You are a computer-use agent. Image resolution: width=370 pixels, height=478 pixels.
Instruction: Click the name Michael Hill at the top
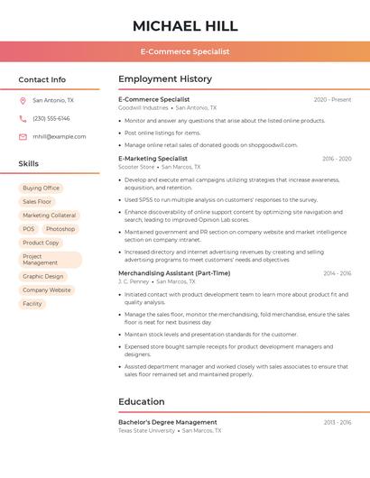[x=185, y=25]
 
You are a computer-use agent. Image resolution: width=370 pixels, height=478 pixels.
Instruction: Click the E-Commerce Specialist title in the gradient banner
[x=185, y=51]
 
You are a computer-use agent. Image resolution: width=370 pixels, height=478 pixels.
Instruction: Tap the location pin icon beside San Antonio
[x=23, y=101]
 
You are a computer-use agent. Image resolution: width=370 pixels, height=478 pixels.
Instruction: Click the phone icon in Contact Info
[x=23, y=119]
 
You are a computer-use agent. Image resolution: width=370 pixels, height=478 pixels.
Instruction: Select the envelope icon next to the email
[x=23, y=137]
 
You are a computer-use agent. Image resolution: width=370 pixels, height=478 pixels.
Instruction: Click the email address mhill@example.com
[x=60, y=137]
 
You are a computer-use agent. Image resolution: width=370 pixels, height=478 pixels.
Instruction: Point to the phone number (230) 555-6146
[x=51, y=119]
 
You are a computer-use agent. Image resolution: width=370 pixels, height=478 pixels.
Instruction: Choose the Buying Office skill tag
[x=41, y=188]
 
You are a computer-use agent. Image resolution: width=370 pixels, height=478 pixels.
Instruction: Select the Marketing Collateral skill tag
[x=50, y=216]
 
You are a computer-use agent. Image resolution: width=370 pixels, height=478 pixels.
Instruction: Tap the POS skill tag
[x=29, y=229]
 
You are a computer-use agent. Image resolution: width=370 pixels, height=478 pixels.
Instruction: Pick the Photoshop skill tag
[x=60, y=229]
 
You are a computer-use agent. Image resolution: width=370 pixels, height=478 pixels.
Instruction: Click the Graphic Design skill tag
[x=43, y=277]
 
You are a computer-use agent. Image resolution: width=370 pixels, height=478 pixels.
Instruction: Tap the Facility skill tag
[x=32, y=304]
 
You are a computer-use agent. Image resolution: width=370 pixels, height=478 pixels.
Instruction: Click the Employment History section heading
[x=165, y=79]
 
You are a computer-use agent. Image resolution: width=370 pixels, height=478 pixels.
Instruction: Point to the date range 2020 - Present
[x=332, y=100]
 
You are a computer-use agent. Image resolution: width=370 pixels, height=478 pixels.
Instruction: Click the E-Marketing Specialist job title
[x=153, y=159]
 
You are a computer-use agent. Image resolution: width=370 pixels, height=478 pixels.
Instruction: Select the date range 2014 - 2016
[x=337, y=273]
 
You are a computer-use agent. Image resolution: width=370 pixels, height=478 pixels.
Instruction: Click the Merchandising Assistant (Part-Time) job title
[x=174, y=273]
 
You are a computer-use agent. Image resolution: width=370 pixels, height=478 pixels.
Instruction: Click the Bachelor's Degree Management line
[x=168, y=422]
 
